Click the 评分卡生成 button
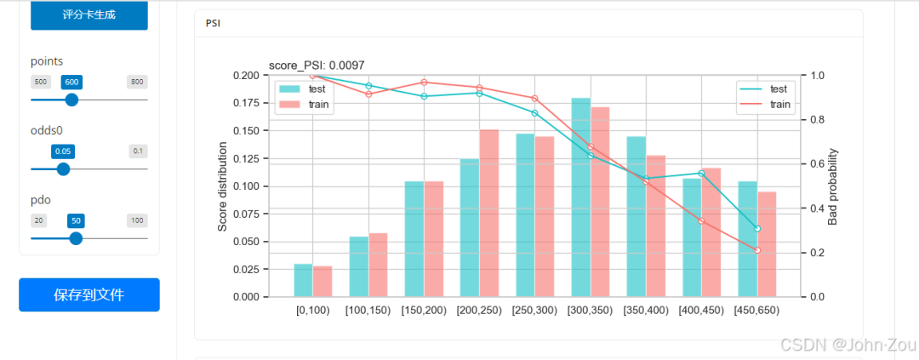[88, 14]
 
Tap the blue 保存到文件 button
[88, 295]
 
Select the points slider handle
[71, 100]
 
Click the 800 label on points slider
[136, 82]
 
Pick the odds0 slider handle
[63, 169]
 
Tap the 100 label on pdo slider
[136, 220]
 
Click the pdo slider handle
[76, 238]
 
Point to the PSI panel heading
[213, 23]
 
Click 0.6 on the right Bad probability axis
[817, 164]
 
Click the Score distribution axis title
[223, 186]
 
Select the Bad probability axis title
[833, 186]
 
